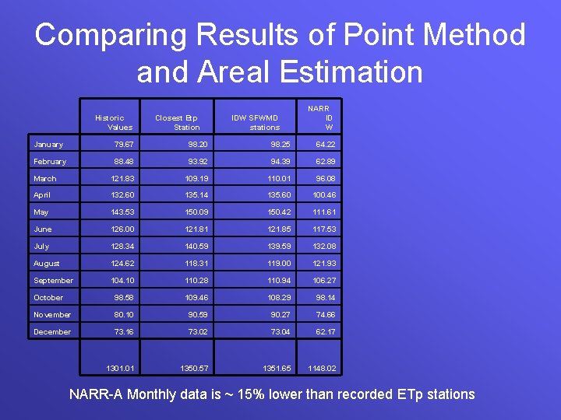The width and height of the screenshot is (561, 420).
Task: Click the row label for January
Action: [48, 145]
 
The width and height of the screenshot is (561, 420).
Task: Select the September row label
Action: [53, 281]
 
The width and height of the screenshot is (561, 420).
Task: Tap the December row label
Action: [52, 332]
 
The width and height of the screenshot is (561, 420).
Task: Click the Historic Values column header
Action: [114, 123]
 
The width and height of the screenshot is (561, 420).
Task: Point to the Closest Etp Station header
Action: [178, 123]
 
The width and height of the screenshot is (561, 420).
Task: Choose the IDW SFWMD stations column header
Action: [257, 123]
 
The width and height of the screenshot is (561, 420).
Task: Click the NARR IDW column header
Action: [320, 118]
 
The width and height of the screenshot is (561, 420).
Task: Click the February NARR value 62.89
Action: [325, 162]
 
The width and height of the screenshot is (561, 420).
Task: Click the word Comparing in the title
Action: [108, 36]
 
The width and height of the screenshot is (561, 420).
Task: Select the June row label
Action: [43, 229]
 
